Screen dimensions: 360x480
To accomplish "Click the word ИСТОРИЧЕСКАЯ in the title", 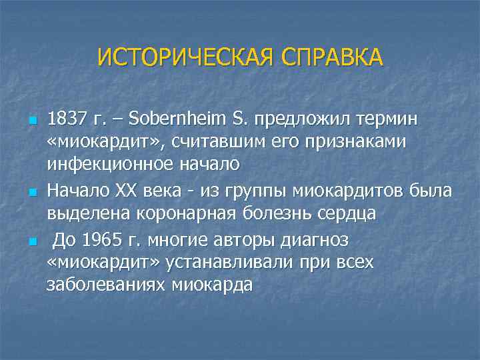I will click(x=185, y=57).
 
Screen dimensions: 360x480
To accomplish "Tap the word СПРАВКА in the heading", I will click(x=331, y=57).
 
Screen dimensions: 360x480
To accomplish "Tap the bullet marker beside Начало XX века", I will click(x=31, y=193).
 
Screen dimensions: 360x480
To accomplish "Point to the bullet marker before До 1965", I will click(x=31, y=240).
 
